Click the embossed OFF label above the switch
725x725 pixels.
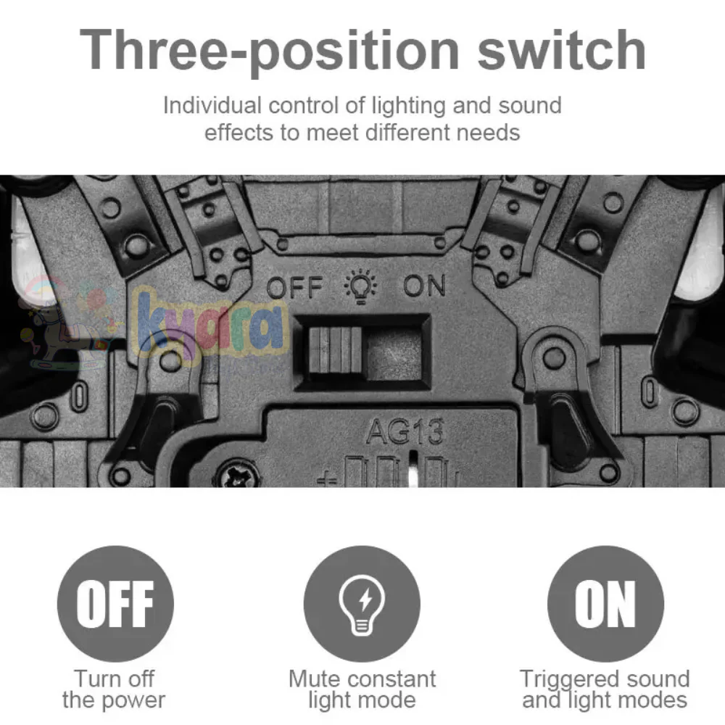(x=294, y=288)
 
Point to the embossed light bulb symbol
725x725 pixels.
(x=360, y=286)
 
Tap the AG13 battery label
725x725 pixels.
(x=404, y=433)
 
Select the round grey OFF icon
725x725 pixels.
(x=115, y=603)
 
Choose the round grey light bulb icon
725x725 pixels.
(x=362, y=603)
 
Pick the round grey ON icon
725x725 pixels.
(x=605, y=603)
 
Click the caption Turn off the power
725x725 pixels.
(x=114, y=689)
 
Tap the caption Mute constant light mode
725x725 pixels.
(x=362, y=689)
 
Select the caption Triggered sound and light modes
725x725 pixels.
(x=605, y=689)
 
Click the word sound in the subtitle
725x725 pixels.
(x=529, y=106)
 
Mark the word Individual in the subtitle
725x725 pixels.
(x=212, y=106)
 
